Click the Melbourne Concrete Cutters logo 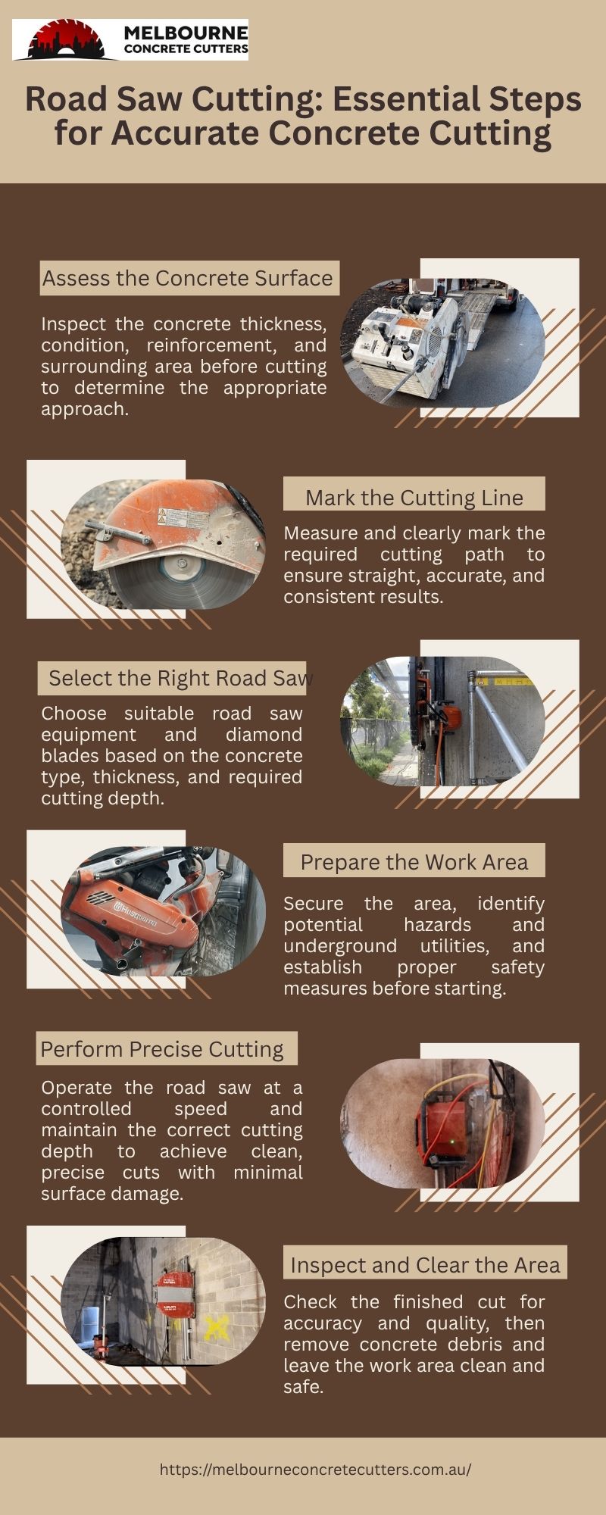tap(130, 40)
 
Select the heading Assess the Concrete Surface tap(188, 278)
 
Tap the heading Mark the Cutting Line tap(414, 498)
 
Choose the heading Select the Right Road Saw tap(181, 678)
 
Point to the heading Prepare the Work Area tap(414, 862)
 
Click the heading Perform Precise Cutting tap(162, 1049)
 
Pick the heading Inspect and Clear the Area tap(426, 1265)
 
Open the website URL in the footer tap(315, 1470)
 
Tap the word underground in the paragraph tap(340, 946)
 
